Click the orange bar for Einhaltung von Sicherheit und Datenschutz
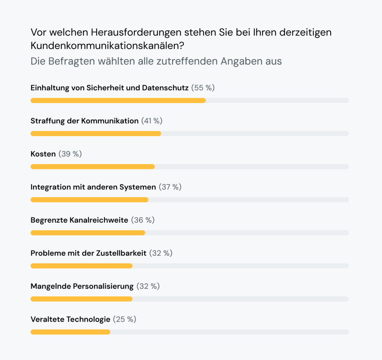pyautogui.click(x=118, y=101)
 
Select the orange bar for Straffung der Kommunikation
pyautogui.click(x=95, y=133)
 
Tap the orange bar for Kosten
pyautogui.click(x=93, y=167)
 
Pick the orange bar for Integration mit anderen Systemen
pyautogui.click(x=89, y=200)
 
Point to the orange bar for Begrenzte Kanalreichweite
pyautogui.click(x=88, y=233)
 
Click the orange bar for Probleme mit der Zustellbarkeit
pyautogui.click(x=81, y=266)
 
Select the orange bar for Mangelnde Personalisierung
pyautogui.click(x=81, y=299)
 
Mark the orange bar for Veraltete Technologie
pyautogui.click(x=70, y=332)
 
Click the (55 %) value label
pyautogui.click(x=203, y=88)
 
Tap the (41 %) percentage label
pyautogui.click(x=152, y=121)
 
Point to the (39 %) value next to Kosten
pyautogui.click(x=70, y=154)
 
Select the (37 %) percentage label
pyautogui.click(x=170, y=187)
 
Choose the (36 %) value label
pyautogui.click(x=143, y=220)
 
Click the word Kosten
pyautogui.click(x=43, y=154)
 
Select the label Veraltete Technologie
pyautogui.click(x=71, y=319)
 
